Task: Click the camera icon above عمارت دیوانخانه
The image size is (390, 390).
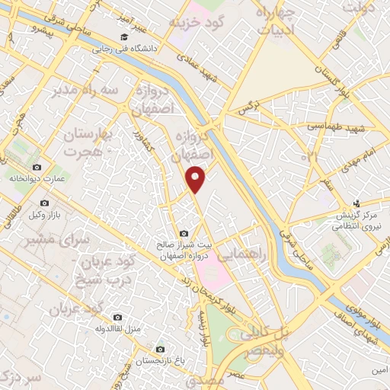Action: (x=37, y=167)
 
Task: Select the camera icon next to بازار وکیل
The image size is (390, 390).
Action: (x=45, y=203)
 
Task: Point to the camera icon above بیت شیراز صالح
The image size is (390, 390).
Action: (x=183, y=233)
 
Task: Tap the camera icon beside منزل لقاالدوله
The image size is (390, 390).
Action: (x=117, y=317)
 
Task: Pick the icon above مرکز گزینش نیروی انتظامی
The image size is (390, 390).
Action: (x=357, y=203)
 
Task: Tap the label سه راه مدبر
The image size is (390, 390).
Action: (x=75, y=91)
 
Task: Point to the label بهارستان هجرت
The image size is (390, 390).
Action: (x=88, y=143)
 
